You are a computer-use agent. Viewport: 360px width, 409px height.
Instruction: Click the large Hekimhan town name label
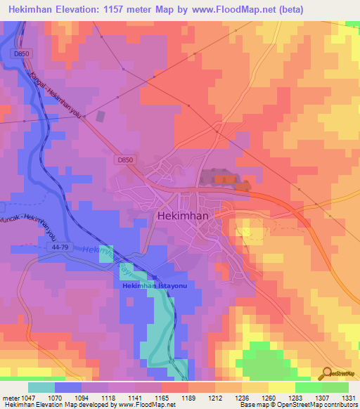[181, 216]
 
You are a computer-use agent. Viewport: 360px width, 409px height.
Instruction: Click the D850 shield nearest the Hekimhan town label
[124, 160]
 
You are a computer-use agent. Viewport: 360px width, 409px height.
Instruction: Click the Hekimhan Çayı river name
[105, 259]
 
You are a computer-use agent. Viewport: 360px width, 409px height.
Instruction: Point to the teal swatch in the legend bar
[41, 387]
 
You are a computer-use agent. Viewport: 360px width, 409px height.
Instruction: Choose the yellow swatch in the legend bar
[281, 387]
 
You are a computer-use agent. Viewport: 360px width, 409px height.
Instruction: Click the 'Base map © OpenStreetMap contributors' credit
[297, 405]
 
